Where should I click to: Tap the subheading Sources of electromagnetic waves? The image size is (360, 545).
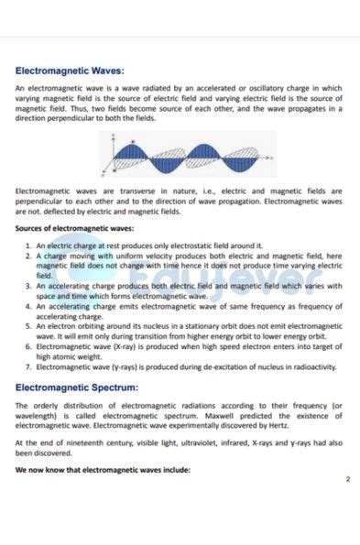[x=75, y=229]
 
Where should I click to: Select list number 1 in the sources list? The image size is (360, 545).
[x=28, y=245]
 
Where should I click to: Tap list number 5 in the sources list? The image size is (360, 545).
[x=28, y=326]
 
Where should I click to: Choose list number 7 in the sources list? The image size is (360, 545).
[x=28, y=366]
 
